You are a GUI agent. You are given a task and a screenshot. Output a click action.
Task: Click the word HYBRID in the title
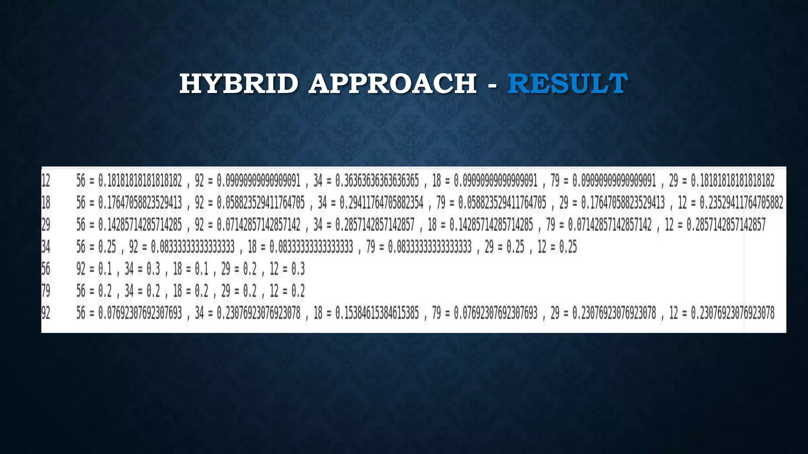pyautogui.click(x=239, y=84)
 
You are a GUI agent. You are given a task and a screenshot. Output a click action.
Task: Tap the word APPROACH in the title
pyautogui.click(x=393, y=84)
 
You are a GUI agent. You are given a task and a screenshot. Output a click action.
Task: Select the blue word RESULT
pyautogui.click(x=567, y=84)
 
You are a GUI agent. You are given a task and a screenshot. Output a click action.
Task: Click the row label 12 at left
pyautogui.click(x=46, y=181)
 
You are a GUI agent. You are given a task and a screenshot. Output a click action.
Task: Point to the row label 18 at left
pyautogui.click(x=46, y=203)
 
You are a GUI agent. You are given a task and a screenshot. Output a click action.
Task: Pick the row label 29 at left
pyautogui.click(x=46, y=225)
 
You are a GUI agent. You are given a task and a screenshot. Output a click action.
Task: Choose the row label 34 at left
pyautogui.click(x=46, y=247)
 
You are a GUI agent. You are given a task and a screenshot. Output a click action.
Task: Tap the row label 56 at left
pyautogui.click(x=46, y=269)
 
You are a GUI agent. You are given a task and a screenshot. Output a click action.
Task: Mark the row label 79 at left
pyautogui.click(x=46, y=291)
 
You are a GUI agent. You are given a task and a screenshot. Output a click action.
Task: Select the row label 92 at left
pyautogui.click(x=46, y=313)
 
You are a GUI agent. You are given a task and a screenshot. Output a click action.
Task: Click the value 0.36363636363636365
pyautogui.click(x=377, y=181)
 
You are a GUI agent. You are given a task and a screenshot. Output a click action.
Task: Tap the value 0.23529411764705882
pyautogui.click(x=741, y=203)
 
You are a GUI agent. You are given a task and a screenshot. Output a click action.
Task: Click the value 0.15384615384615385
pyautogui.click(x=377, y=313)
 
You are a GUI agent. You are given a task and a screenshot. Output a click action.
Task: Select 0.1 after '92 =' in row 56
pyautogui.click(x=105, y=269)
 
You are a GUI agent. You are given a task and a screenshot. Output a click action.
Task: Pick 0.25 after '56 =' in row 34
pyautogui.click(x=107, y=247)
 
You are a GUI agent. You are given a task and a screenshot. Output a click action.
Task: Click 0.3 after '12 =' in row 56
pyautogui.click(x=298, y=269)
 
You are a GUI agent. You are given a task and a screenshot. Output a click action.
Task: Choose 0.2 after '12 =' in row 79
pyautogui.click(x=298, y=291)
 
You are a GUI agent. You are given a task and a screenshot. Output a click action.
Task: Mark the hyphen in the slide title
pyautogui.click(x=492, y=84)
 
